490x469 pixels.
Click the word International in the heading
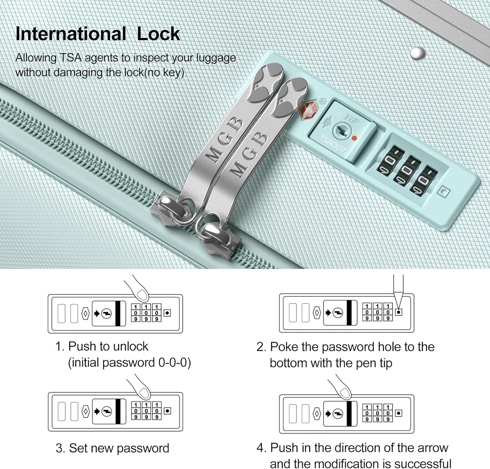71,34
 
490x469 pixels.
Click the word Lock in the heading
158,34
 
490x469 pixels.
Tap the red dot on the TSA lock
354,138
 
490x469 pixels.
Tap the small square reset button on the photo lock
444,192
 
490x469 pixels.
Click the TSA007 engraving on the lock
333,144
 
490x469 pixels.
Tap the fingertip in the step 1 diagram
142,294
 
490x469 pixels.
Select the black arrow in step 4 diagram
328,414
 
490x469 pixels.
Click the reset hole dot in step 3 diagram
168,411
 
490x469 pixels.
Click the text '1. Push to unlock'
102,346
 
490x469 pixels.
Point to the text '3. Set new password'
112,448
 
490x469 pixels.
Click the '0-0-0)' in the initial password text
174,363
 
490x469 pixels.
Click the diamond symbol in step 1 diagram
85,313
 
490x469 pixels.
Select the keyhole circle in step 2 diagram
338,313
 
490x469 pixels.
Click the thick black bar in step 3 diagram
118,411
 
